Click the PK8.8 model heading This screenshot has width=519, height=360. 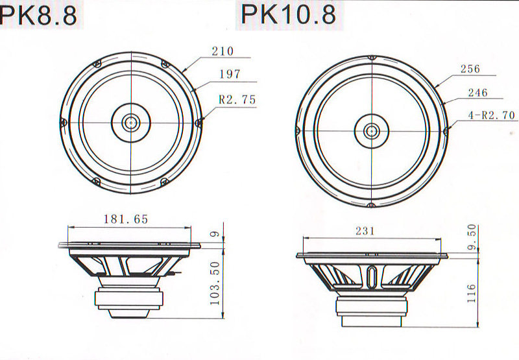tap(39, 15)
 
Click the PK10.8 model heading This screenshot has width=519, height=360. tap(289, 14)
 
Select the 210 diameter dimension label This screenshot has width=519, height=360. tap(223, 51)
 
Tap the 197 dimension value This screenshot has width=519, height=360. tap(230, 74)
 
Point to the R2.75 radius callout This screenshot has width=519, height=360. tap(237, 100)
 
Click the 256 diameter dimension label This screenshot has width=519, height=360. tap(470, 69)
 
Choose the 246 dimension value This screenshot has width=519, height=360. tap(477, 93)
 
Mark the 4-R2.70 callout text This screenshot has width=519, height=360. tap(492, 115)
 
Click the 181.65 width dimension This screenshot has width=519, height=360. tap(126, 219)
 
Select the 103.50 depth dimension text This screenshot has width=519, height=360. tap(215, 283)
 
